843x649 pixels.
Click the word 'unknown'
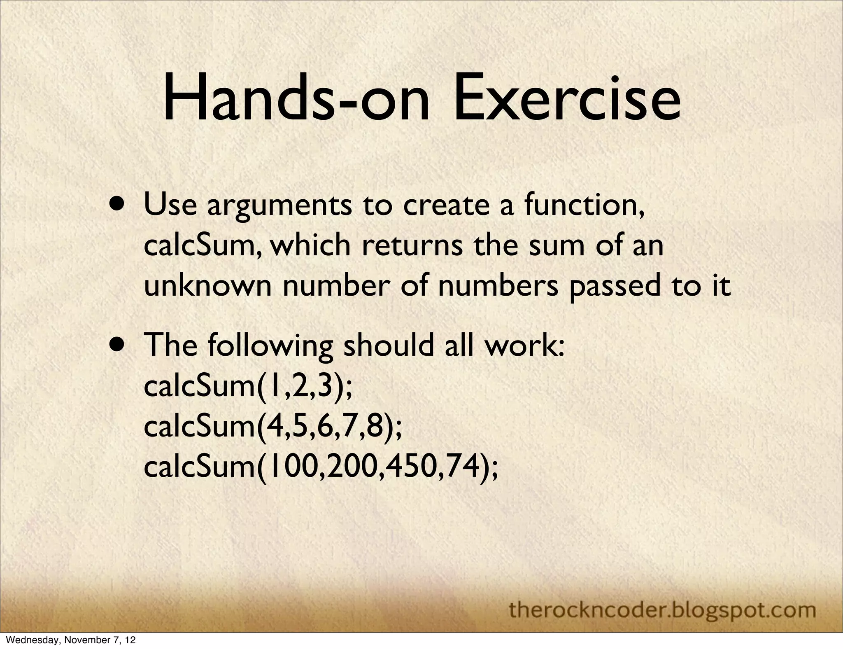[x=207, y=286]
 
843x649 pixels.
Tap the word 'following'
[x=270, y=346]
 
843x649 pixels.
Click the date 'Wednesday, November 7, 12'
[x=69, y=641]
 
